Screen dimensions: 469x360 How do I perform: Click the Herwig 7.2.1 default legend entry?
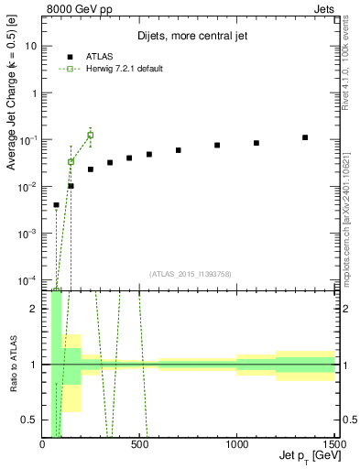[x=119, y=69]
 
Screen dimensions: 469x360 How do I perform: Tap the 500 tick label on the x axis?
[x=139, y=445]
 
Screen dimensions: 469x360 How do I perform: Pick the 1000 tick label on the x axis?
[x=236, y=445]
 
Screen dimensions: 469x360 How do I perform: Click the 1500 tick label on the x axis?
[x=333, y=445]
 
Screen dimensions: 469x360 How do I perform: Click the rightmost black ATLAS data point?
[x=305, y=137]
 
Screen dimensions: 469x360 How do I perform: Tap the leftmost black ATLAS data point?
[x=56, y=205]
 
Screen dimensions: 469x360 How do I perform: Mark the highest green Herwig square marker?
[x=90, y=135]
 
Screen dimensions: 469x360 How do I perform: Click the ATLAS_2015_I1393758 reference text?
[x=189, y=273]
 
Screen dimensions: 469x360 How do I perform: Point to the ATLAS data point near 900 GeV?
[x=217, y=145]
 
